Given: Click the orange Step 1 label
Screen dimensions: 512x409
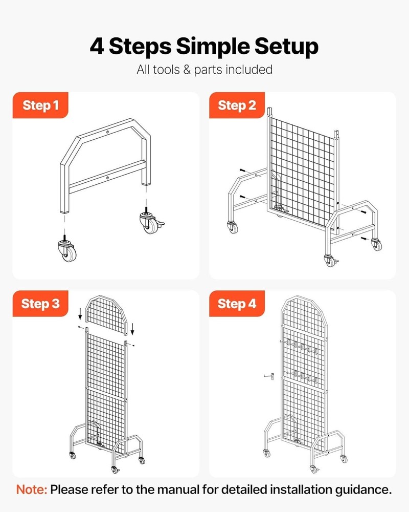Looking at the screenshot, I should (40, 105).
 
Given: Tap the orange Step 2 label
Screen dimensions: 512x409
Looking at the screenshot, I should (237, 105).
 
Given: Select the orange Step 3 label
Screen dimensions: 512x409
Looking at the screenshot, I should (40, 304).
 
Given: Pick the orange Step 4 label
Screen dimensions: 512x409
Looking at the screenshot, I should (237, 304).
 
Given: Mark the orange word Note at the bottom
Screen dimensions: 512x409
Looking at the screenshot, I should (32, 489).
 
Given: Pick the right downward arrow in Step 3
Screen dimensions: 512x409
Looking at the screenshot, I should (132, 327).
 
